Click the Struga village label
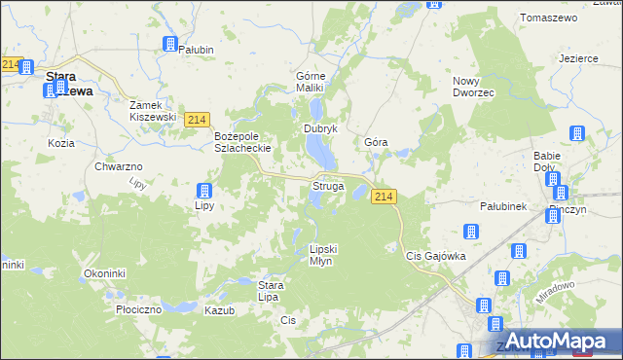click(x=327, y=185)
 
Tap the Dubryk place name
click(x=320, y=128)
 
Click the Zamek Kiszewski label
click(x=154, y=110)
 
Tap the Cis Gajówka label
click(x=436, y=256)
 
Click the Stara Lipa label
click(x=270, y=291)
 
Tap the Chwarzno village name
click(x=120, y=166)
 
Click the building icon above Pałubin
click(x=169, y=44)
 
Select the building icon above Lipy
click(x=204, y=191)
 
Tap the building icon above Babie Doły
click(x=576, y=133)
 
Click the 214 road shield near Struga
click(x=383, y=197)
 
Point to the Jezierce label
click(x=578, y=58)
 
